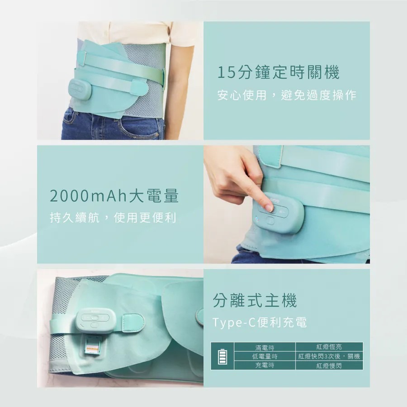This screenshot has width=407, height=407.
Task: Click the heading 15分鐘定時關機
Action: [278, 72]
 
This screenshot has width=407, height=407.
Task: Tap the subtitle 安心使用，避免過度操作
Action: [287, 95]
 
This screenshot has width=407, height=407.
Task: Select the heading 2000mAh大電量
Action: [114, 196]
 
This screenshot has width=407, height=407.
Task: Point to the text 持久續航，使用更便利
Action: [113, 218]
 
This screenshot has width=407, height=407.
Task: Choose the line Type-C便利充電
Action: [260, 322]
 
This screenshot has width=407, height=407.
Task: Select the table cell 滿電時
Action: [265, 347]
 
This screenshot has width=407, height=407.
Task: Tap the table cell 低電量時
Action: [265, 356]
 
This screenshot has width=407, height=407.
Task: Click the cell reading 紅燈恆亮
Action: [329, 347]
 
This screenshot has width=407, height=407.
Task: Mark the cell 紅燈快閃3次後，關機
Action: [329, 356]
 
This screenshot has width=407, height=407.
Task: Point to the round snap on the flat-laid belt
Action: [200, 314]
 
